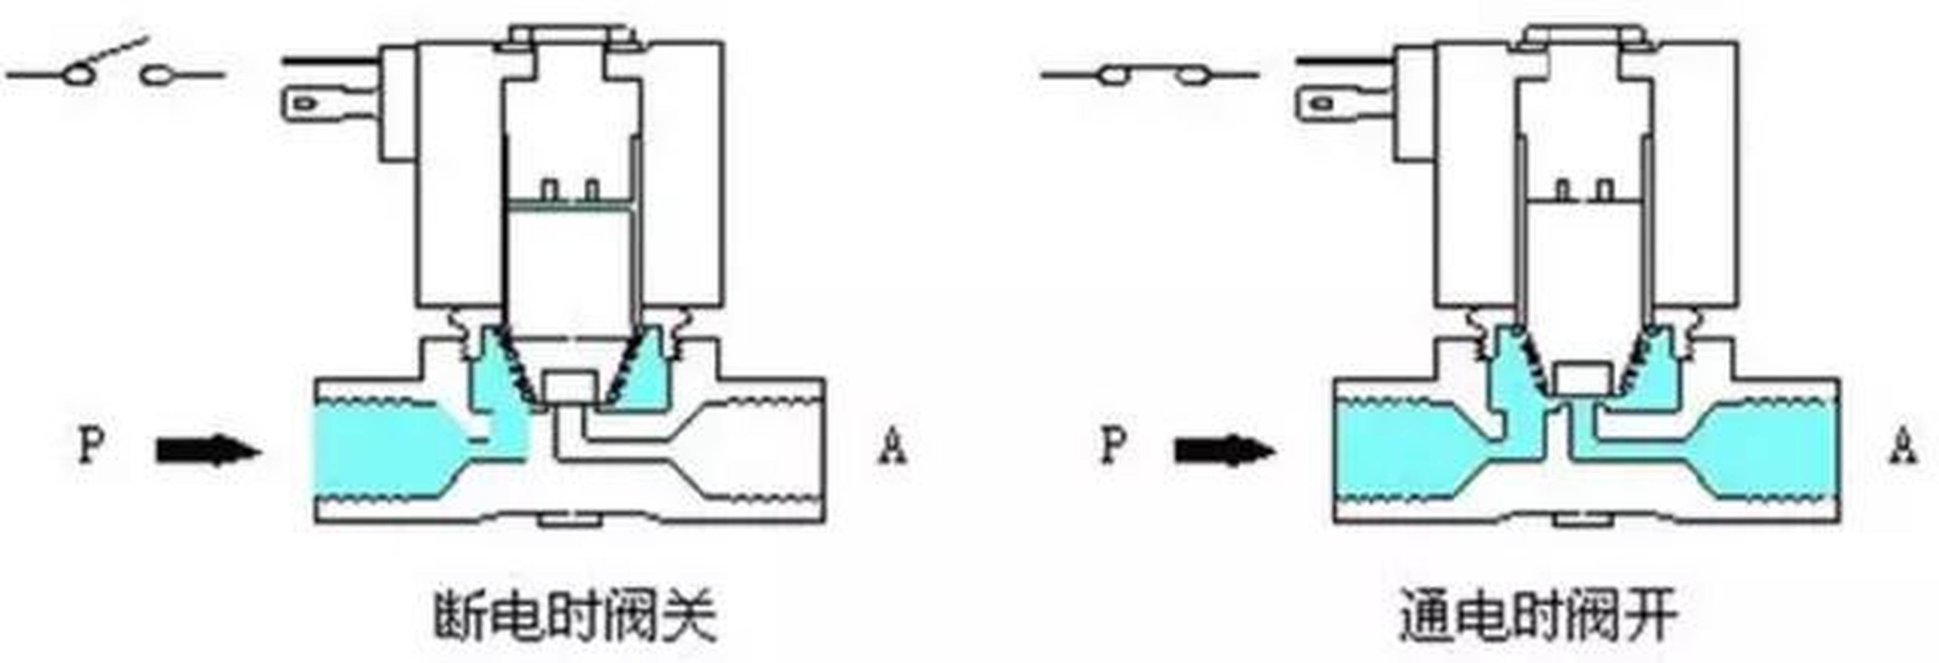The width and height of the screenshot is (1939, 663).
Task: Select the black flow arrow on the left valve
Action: click(x=208, y=451)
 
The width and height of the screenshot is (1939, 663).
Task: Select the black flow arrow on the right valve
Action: click(x=1225, y=451)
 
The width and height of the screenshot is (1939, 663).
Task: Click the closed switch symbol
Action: click(x=1149, y=75)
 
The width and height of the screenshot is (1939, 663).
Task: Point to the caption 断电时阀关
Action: click(x=575, y=617)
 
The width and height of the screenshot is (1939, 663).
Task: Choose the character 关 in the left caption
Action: click(x=689, y=617)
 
